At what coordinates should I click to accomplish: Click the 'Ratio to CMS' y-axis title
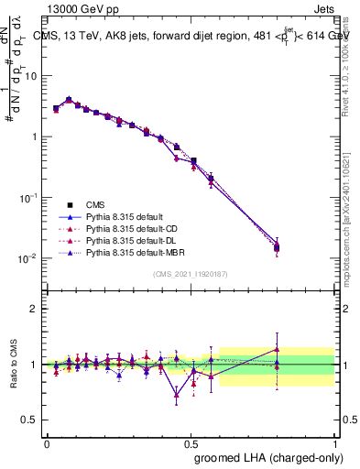tap(14, 365)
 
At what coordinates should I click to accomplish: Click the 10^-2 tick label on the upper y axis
tap(28, 258)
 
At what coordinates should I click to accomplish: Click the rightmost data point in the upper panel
tap(278, 246)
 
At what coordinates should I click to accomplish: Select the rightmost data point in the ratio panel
tap(278, 349)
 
